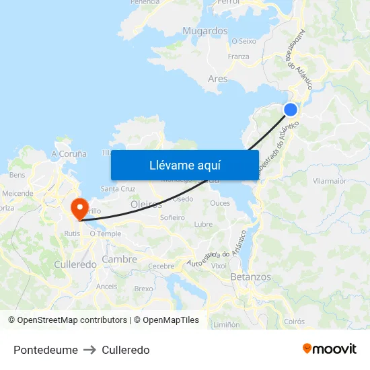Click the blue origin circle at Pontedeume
(291, 110)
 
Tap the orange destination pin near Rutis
(79, 207)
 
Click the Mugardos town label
(205, 31)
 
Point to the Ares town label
(217, 79)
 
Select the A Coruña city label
(69, 153)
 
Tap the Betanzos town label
(250, 276)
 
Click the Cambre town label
(119, 259)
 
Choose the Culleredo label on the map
(75, 264)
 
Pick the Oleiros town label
(146, 205)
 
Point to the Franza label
(239, 57)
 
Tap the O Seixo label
(244, 41)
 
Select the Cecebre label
(161, 266)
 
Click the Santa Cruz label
(118, 189)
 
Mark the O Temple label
(105, 233)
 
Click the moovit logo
(330, 349)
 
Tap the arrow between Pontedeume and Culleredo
(90, 350)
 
